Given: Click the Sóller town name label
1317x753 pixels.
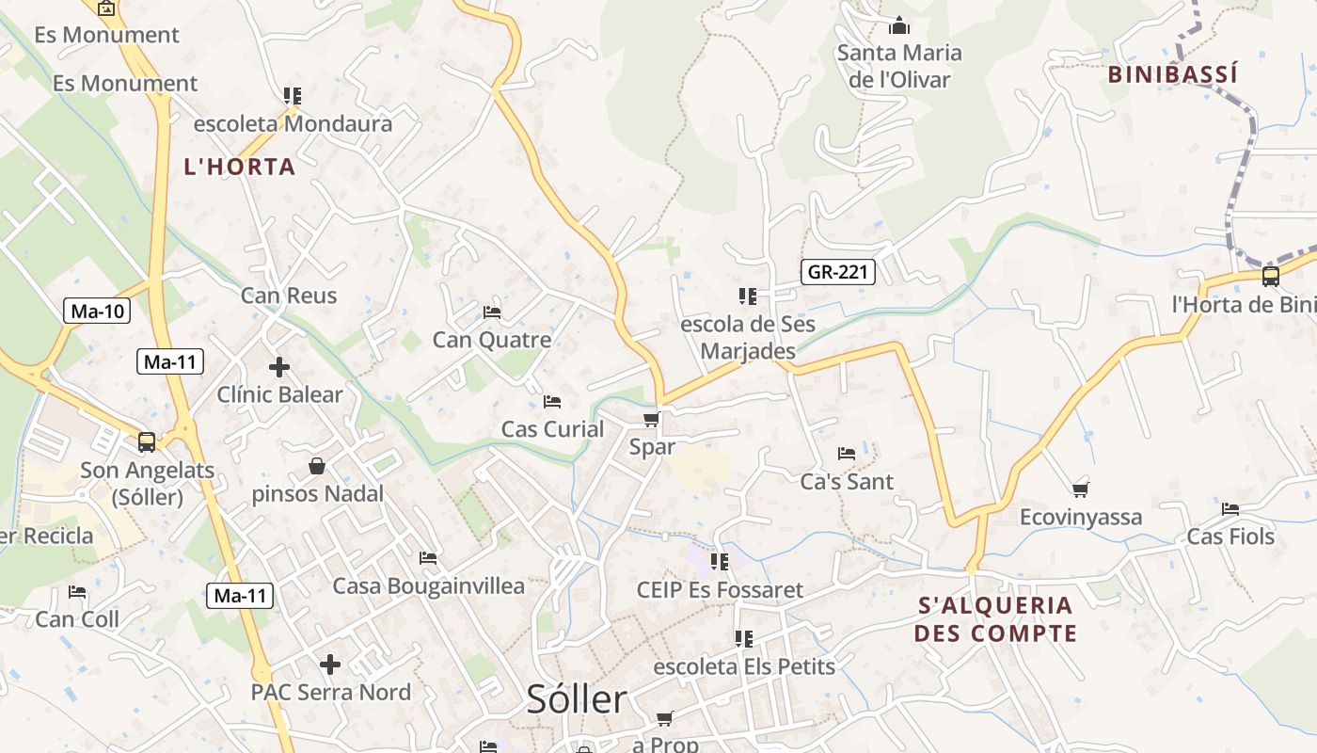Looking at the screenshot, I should (576, 699).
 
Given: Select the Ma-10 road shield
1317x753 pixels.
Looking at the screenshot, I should (96, 311).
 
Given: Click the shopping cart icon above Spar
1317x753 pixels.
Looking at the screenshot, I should (651, 419).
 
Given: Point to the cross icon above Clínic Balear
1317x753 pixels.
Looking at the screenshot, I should (279, 367).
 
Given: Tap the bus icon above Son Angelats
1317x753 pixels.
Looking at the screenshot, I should (147, 441).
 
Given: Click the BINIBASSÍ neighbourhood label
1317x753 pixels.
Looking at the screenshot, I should (1172, 74).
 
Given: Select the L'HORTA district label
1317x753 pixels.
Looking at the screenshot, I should (239, 168).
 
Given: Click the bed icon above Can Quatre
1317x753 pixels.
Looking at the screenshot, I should (492, 312).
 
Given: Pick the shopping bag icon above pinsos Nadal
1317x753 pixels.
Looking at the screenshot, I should (317, 466).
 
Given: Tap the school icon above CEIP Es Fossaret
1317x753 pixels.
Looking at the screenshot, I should (720, 562).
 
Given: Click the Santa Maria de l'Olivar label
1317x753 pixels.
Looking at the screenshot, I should (899, 66).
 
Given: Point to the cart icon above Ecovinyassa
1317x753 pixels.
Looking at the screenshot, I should (1081, 489).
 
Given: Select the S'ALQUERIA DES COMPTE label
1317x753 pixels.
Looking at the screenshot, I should (995, 618).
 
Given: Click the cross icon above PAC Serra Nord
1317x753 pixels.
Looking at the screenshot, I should (330, 665).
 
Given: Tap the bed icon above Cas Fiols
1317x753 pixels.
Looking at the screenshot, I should (1230, 509).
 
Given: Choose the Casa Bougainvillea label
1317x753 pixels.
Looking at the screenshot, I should (429, 586).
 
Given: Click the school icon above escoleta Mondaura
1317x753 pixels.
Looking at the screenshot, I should (293, 96).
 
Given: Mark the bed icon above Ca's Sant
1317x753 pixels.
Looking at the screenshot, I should (847, 454).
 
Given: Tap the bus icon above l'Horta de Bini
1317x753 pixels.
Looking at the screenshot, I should (1270, 277).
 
